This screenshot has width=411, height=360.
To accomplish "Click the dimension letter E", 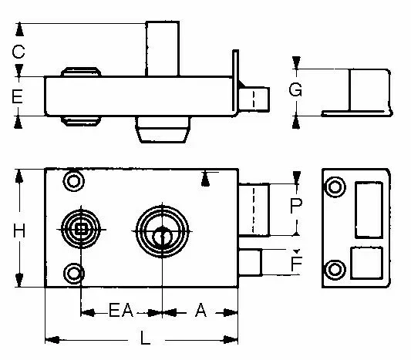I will click(19, 97).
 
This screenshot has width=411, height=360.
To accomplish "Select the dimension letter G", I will click(295, 89).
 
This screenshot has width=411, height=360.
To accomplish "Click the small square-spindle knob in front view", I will click(80, 229).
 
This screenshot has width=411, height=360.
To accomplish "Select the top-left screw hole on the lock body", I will click(74, 183).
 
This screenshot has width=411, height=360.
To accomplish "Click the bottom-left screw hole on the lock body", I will click(74, 273).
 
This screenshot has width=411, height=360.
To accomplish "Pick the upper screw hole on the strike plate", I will click(335, 187).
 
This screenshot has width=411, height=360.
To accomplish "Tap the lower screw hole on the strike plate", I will click(335, 268).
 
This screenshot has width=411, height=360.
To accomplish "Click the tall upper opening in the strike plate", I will click(367, 209).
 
